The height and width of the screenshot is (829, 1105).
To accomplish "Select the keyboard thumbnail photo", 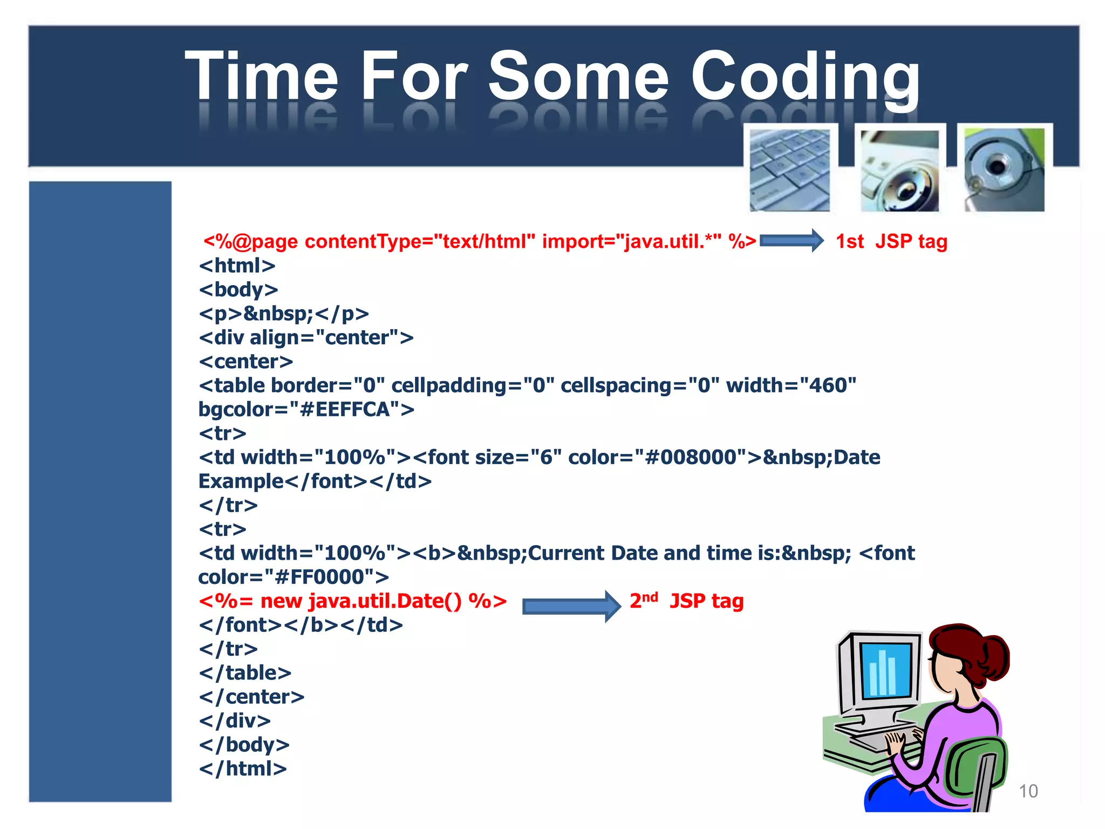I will pos(790,169).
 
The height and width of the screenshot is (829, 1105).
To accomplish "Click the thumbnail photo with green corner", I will pos(1004,169).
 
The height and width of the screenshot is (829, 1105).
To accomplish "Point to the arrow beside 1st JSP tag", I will pos(791,241).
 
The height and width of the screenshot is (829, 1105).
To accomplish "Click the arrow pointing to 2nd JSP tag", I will pos(571,606).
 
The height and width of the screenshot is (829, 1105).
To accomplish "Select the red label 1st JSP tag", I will pos(891,241).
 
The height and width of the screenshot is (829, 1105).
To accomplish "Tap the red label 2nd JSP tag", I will pos(686,601).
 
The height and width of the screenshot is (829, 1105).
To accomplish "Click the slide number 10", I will pos(1028,791).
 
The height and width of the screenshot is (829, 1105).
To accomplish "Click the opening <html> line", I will pos(237,266).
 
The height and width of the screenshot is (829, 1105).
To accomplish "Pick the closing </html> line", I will pos(243,768).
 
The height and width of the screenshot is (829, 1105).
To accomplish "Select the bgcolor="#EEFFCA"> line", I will pos(306,409).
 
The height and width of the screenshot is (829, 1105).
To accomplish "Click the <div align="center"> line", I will pos(306,337).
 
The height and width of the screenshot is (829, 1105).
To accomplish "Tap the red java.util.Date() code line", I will pos(353,601).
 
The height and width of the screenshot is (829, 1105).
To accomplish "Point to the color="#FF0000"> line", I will pos(294,577).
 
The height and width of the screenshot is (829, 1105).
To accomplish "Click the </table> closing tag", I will pos(245,672).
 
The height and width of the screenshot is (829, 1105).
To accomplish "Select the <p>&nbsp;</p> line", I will pos(284,314).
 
